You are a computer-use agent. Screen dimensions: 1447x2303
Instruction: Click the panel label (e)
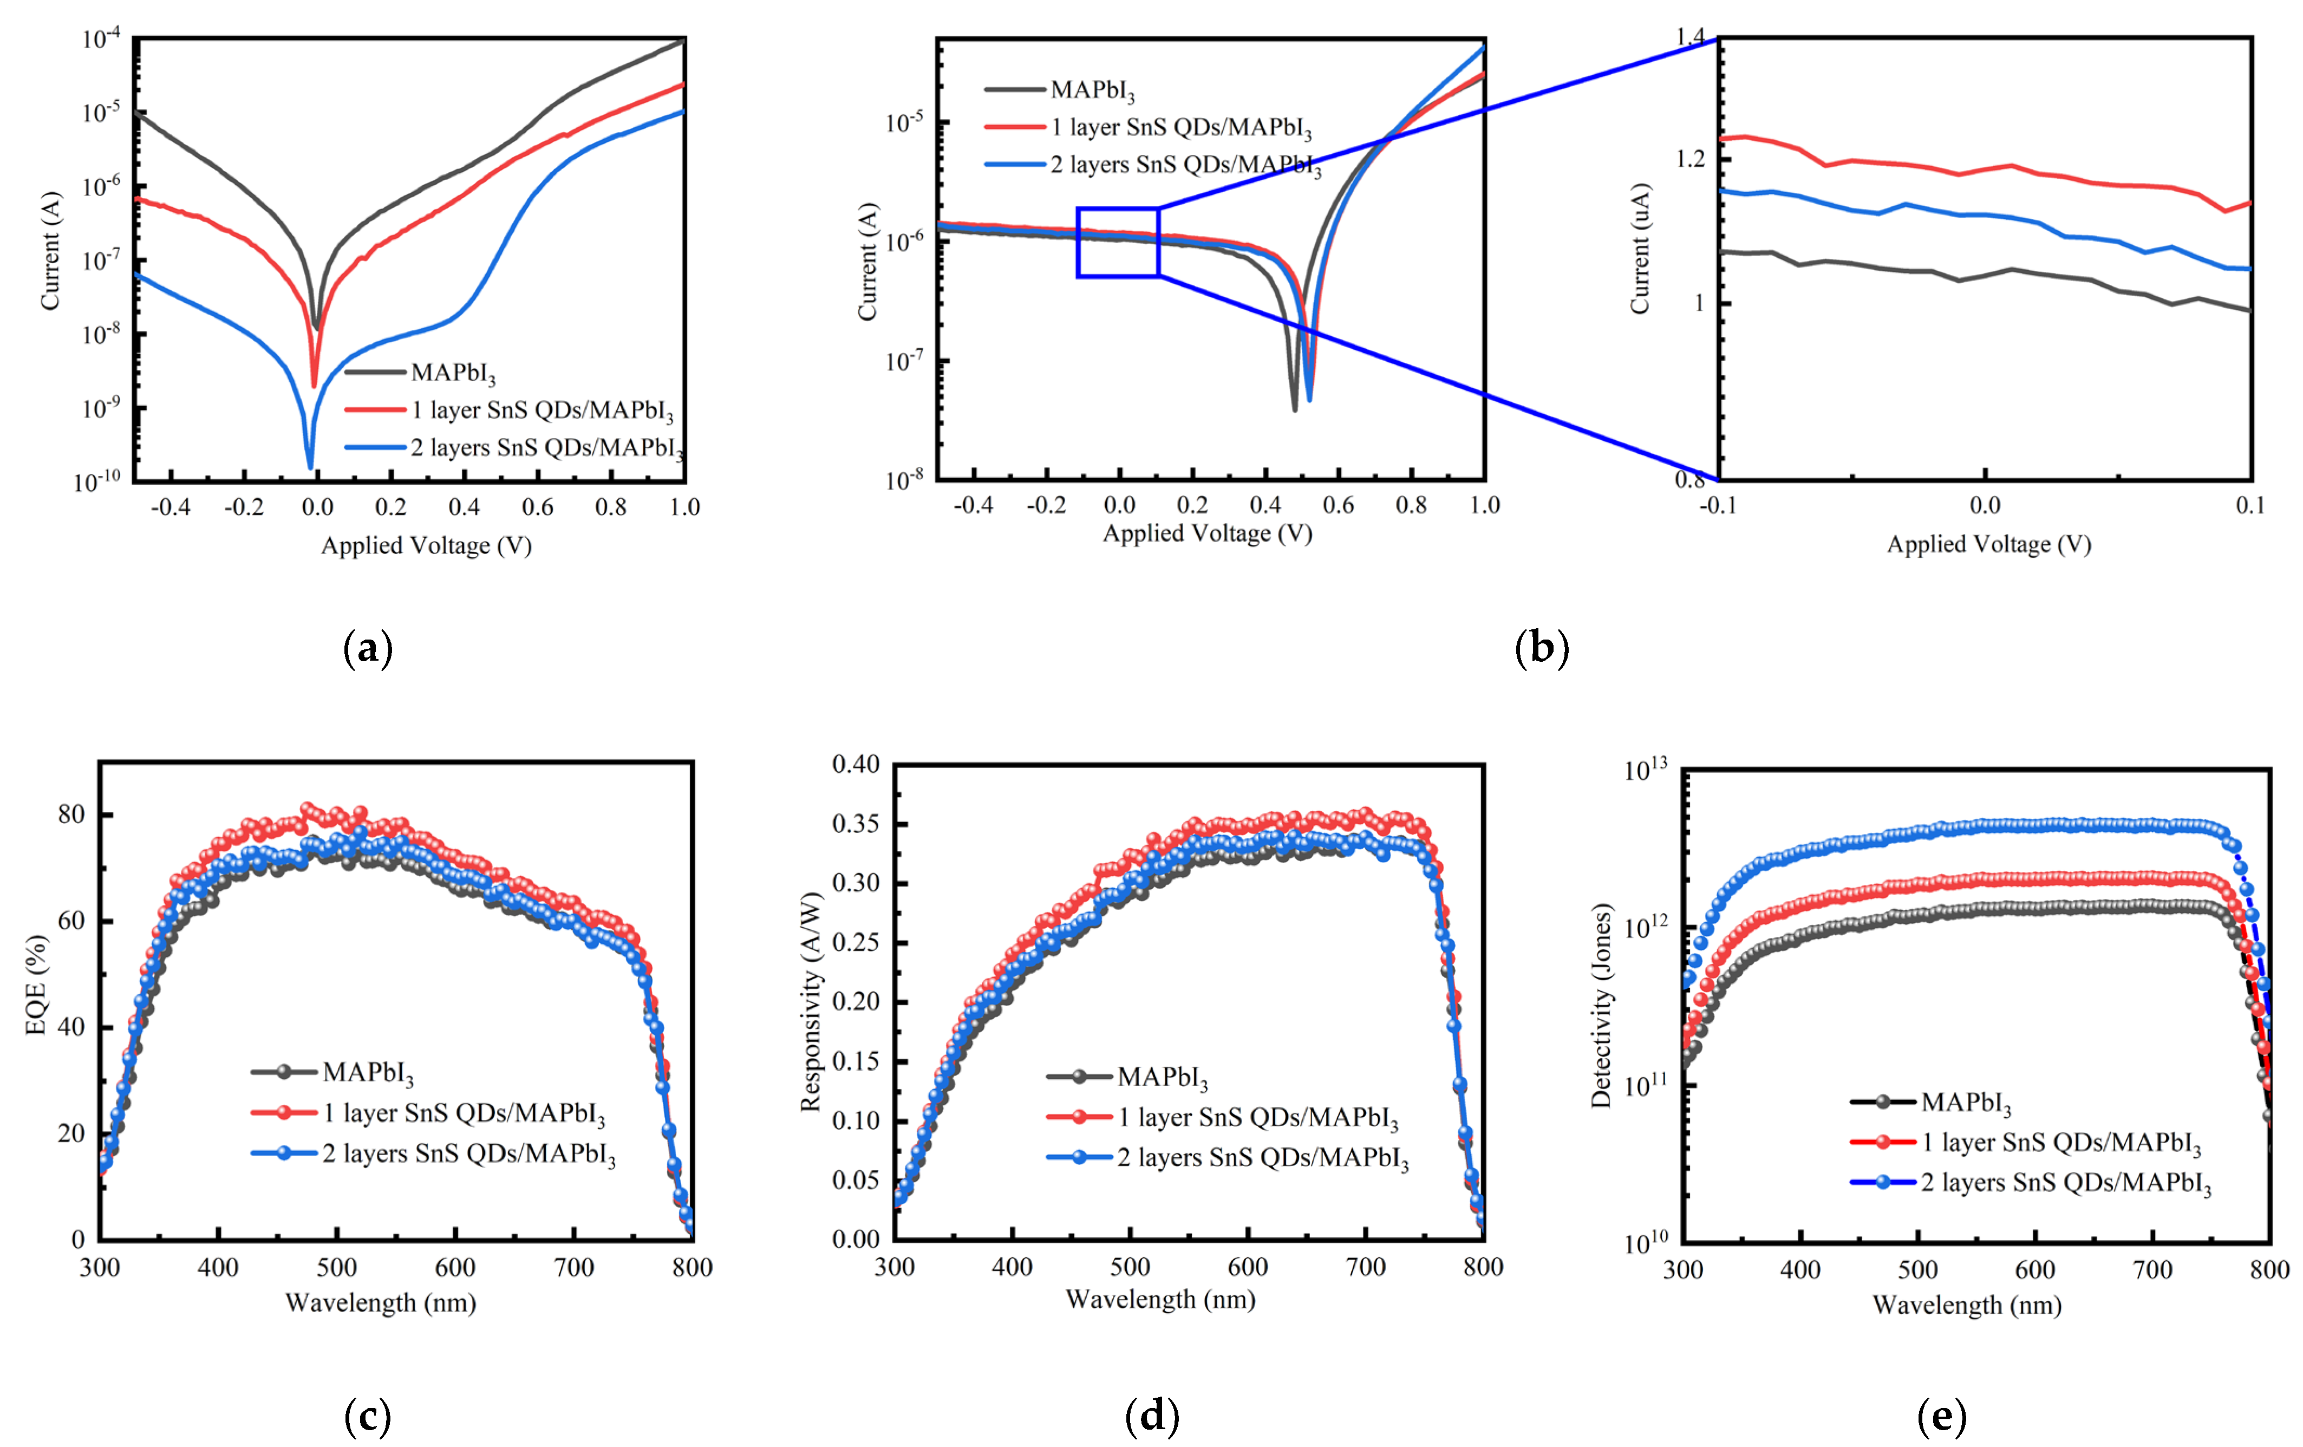point(1941,1416)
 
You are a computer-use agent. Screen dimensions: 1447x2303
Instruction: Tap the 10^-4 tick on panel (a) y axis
point(100,39)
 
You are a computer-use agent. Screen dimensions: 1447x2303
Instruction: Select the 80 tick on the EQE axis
point(71,815)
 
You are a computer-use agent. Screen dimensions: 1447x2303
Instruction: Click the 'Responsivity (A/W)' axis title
point(810,1001)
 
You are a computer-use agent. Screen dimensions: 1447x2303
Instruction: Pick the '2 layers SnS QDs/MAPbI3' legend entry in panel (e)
point(2066,1183)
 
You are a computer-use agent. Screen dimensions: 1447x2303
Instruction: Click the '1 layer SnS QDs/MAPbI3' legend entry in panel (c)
point(464,1113)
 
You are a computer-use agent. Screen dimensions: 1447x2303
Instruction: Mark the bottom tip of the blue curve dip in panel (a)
point(310,468)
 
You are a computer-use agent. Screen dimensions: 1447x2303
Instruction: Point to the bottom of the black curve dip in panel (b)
point(1295,409)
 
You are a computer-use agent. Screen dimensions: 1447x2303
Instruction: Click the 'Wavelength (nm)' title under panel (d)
point(1160,1299)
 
